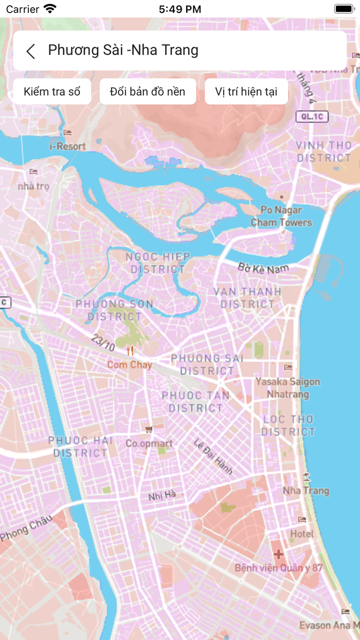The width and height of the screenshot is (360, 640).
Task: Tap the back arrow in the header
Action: point(31,51)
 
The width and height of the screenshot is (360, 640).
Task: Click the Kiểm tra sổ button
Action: point(52,92)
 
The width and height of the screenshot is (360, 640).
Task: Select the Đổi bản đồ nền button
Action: point(148,92)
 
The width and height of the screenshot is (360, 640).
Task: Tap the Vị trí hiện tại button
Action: point(246,92)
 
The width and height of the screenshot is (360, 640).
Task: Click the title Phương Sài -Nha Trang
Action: point(123,50)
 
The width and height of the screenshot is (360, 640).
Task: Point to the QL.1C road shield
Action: point(312,117)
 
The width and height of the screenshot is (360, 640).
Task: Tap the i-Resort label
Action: point(67,146)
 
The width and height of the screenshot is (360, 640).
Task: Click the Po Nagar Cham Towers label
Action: point(281,216)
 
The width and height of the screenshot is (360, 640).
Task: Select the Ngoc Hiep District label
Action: point(158,262)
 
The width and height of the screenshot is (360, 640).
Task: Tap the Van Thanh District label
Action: point(248,298)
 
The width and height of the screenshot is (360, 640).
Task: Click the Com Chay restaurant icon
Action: point(131,351)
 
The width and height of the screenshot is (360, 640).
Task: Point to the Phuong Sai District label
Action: point(207,364)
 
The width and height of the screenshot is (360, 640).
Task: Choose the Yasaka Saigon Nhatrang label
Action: point(287,388)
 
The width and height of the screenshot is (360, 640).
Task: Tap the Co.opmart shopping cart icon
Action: point(149,430)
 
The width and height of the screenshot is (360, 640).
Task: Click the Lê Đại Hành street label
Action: point(213,456)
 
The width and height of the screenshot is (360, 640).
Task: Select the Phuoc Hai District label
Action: point(80,447)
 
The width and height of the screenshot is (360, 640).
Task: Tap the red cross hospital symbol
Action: point(278,555)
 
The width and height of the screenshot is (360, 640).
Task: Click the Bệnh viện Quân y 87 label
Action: point(278,568)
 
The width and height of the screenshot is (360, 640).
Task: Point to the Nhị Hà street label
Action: point(162,495)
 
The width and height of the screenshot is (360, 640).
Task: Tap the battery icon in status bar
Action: point(343,9)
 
